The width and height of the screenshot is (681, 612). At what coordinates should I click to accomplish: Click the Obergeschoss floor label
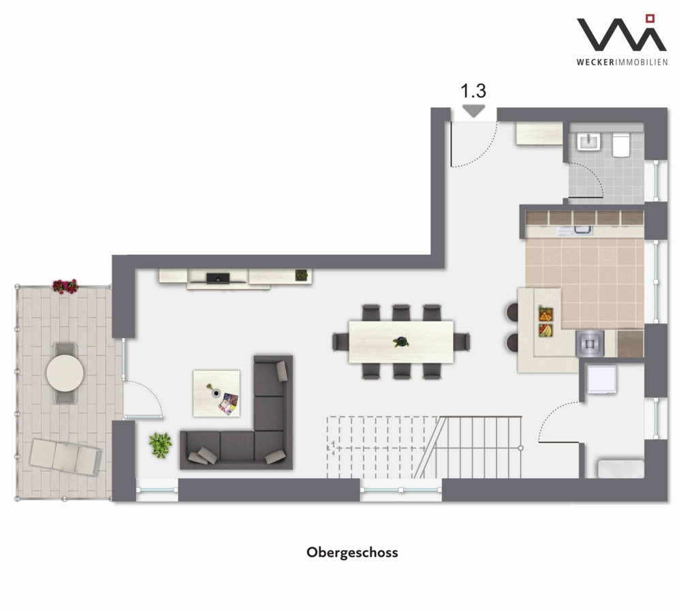[352, 553]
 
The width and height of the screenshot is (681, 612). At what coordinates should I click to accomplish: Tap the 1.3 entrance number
[473, 91]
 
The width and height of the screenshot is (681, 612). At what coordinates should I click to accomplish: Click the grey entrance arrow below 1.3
[473, 111]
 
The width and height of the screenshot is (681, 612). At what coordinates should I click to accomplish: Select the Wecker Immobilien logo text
[622, 62]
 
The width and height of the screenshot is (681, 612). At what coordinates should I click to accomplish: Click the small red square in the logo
[650, 18]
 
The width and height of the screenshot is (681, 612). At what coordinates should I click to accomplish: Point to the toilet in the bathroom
[620, 144]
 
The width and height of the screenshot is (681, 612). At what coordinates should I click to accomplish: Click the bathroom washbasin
[589, 142]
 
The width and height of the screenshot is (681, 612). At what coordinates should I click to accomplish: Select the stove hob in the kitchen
[589, 343]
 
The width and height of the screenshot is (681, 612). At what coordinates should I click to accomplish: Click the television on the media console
[218, 278]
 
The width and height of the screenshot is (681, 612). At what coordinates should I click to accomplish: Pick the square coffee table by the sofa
[217, 393]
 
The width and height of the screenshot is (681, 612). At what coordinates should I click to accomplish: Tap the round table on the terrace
[65, 373]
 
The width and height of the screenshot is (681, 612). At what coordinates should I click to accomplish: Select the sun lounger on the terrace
[65, 457]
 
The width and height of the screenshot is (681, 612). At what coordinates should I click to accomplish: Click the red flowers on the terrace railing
[65, 286]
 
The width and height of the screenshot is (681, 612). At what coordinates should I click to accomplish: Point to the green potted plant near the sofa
[160, 445]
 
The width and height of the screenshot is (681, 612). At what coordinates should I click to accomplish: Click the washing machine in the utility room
[601, 380]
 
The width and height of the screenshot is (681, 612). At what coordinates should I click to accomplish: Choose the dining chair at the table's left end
[340, 341]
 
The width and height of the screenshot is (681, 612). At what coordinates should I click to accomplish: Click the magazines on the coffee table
[228, 404]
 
